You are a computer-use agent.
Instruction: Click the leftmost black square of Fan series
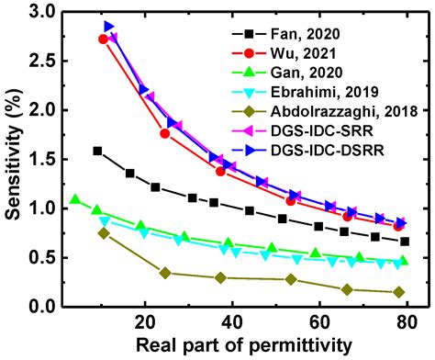97,151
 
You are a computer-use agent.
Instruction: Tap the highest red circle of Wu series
103,39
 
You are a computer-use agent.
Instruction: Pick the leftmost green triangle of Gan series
75,199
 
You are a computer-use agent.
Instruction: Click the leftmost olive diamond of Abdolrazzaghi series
104,233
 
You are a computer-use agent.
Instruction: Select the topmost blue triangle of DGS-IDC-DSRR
109,27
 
